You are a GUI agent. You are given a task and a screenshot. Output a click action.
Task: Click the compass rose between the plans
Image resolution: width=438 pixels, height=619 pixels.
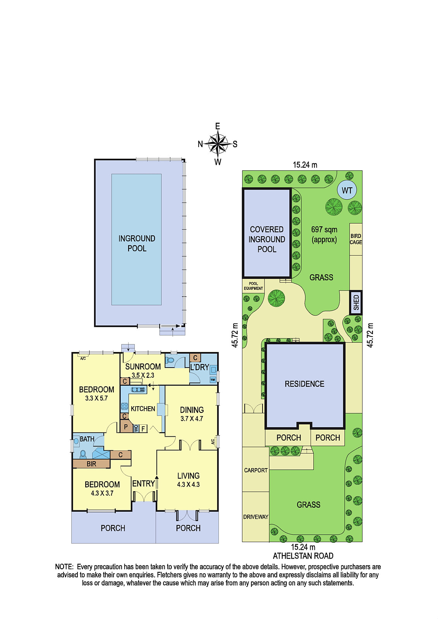tap(218, 144)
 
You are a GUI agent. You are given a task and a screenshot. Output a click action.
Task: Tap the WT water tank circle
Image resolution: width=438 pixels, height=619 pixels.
tap(347, 190)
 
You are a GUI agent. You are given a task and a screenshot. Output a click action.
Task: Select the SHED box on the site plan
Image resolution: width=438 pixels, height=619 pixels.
tap(356, 303)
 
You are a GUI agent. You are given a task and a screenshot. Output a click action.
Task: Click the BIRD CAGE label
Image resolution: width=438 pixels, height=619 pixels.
tap(356, 239)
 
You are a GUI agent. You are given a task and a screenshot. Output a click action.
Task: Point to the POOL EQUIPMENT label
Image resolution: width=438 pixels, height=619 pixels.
tap(253, 286)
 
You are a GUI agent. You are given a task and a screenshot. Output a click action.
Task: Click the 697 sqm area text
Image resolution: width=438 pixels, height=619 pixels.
tap(324, 230)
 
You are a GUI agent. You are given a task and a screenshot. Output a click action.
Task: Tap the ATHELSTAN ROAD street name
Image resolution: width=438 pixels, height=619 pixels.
tap(303, 556)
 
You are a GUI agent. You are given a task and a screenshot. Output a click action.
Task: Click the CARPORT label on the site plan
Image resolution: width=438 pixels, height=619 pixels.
tap(256, 470)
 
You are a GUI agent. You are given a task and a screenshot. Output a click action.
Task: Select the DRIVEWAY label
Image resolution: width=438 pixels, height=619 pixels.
tap(256, 517)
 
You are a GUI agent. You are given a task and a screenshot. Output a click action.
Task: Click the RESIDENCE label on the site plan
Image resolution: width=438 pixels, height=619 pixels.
tap(304, 384)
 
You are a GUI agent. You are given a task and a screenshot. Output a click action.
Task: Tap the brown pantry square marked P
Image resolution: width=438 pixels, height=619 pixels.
tap(126, 427)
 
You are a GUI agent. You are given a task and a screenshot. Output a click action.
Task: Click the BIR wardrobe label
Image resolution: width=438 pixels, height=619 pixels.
tap(91, 464)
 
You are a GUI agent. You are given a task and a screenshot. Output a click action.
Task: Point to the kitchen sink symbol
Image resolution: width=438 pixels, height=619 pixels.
tap(138, 390)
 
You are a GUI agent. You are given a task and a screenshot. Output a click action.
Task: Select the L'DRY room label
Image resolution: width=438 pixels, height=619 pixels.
tap(199, 367)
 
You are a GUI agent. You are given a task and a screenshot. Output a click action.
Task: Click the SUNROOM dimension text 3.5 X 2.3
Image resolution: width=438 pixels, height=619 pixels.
tap(143, 375)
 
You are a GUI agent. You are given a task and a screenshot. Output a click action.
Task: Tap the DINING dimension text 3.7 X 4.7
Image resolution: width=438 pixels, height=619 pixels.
tap(192, 418)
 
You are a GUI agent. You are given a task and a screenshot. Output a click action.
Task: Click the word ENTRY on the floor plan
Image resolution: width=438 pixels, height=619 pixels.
tap(143, 484)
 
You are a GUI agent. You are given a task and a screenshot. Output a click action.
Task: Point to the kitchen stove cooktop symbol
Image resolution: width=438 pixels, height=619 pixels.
tap(125, 406)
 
